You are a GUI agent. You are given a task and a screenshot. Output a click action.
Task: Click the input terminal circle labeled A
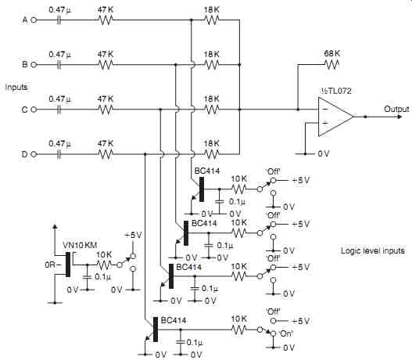(34, 20)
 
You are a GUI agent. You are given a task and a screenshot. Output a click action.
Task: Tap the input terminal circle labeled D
(34, 154)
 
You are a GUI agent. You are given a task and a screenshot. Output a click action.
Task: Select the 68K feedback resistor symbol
(331, 64)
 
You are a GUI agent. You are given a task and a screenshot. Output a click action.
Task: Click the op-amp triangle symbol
(336, 117)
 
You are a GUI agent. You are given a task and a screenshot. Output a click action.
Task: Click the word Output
(396, 109)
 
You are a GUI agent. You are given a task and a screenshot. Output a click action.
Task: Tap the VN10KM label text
(80, 245)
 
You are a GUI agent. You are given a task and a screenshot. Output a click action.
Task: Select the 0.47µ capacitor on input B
(59, 65)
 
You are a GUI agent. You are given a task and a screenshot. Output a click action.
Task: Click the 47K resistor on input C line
(106, 110)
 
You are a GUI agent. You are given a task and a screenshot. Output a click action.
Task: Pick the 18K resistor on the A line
(212, 20)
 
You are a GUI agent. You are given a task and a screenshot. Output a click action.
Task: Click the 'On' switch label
(286, 333)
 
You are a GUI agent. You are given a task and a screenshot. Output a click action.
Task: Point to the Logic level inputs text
(373, 250)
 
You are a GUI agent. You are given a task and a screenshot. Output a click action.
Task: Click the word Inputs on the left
(16, 87)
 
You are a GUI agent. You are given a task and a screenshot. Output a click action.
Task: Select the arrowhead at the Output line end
(399, 117)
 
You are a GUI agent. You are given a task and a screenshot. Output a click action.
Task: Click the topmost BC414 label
(207, 171)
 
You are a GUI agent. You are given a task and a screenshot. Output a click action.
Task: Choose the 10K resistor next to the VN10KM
(104, 265)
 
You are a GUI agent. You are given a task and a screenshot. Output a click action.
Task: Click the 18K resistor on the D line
(212, 154)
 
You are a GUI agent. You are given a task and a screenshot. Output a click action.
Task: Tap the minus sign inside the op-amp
(325, 110)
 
